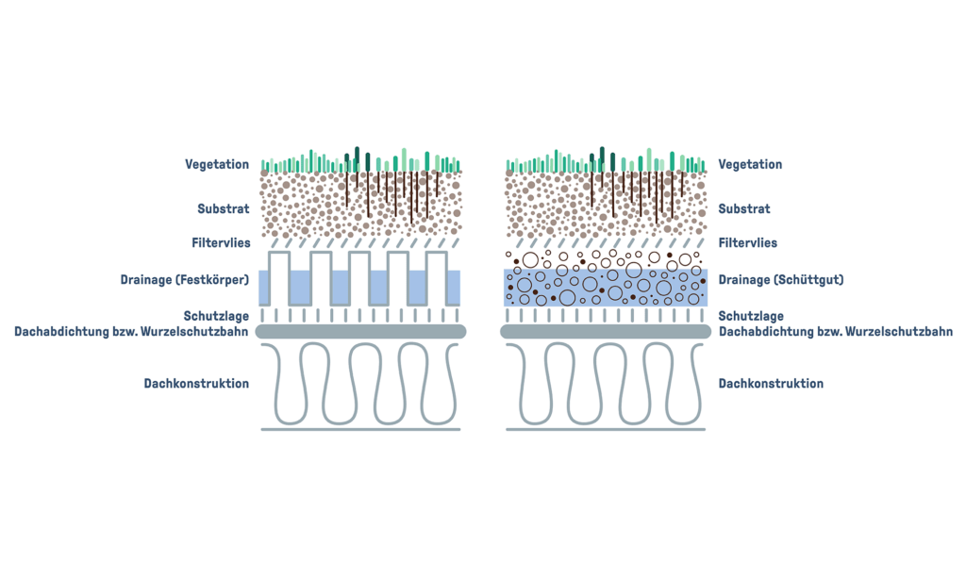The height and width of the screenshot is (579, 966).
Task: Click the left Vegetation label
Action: (217, 164)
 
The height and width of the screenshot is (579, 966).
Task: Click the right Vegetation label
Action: (750, 164)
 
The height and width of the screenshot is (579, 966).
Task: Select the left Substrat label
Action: (224, 209)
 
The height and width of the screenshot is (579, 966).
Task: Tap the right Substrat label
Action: (744, 209)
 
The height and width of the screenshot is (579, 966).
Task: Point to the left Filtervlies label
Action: (221, 243)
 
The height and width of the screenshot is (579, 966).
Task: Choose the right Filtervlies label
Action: (748, 243)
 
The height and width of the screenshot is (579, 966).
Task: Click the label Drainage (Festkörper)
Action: (185, 279)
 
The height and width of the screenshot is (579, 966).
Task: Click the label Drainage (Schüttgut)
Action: (780, 279)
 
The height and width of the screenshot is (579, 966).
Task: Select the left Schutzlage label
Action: (216, 317)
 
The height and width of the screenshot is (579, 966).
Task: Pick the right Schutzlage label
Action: (751, 317)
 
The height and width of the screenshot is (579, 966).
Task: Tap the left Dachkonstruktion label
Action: (196, 384)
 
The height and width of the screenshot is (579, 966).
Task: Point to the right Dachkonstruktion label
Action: (771, 384)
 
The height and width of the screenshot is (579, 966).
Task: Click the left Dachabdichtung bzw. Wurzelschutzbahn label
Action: (131, 332)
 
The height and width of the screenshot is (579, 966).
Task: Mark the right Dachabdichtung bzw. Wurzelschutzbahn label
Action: (835, 332)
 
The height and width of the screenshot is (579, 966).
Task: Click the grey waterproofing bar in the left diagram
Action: (361, 332)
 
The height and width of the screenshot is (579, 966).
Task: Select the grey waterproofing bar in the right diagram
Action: (605, 332)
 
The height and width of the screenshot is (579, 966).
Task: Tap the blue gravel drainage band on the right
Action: (605, 287)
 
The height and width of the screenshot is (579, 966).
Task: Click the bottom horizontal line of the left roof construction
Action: (360, 430)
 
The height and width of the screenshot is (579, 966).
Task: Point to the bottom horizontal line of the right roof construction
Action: (605, 430)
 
